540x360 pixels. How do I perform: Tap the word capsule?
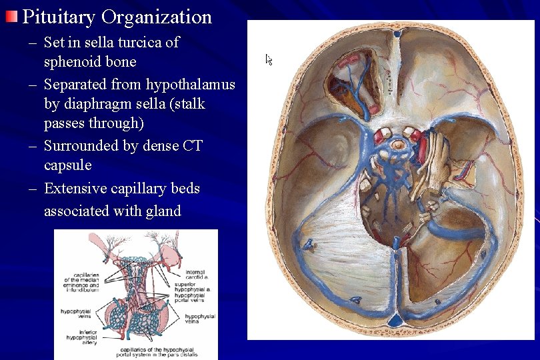(x=67, y=165)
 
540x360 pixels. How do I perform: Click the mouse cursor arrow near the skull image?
(x=269, y=59)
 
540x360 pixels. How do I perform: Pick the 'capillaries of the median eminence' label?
(x=81, y=283)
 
